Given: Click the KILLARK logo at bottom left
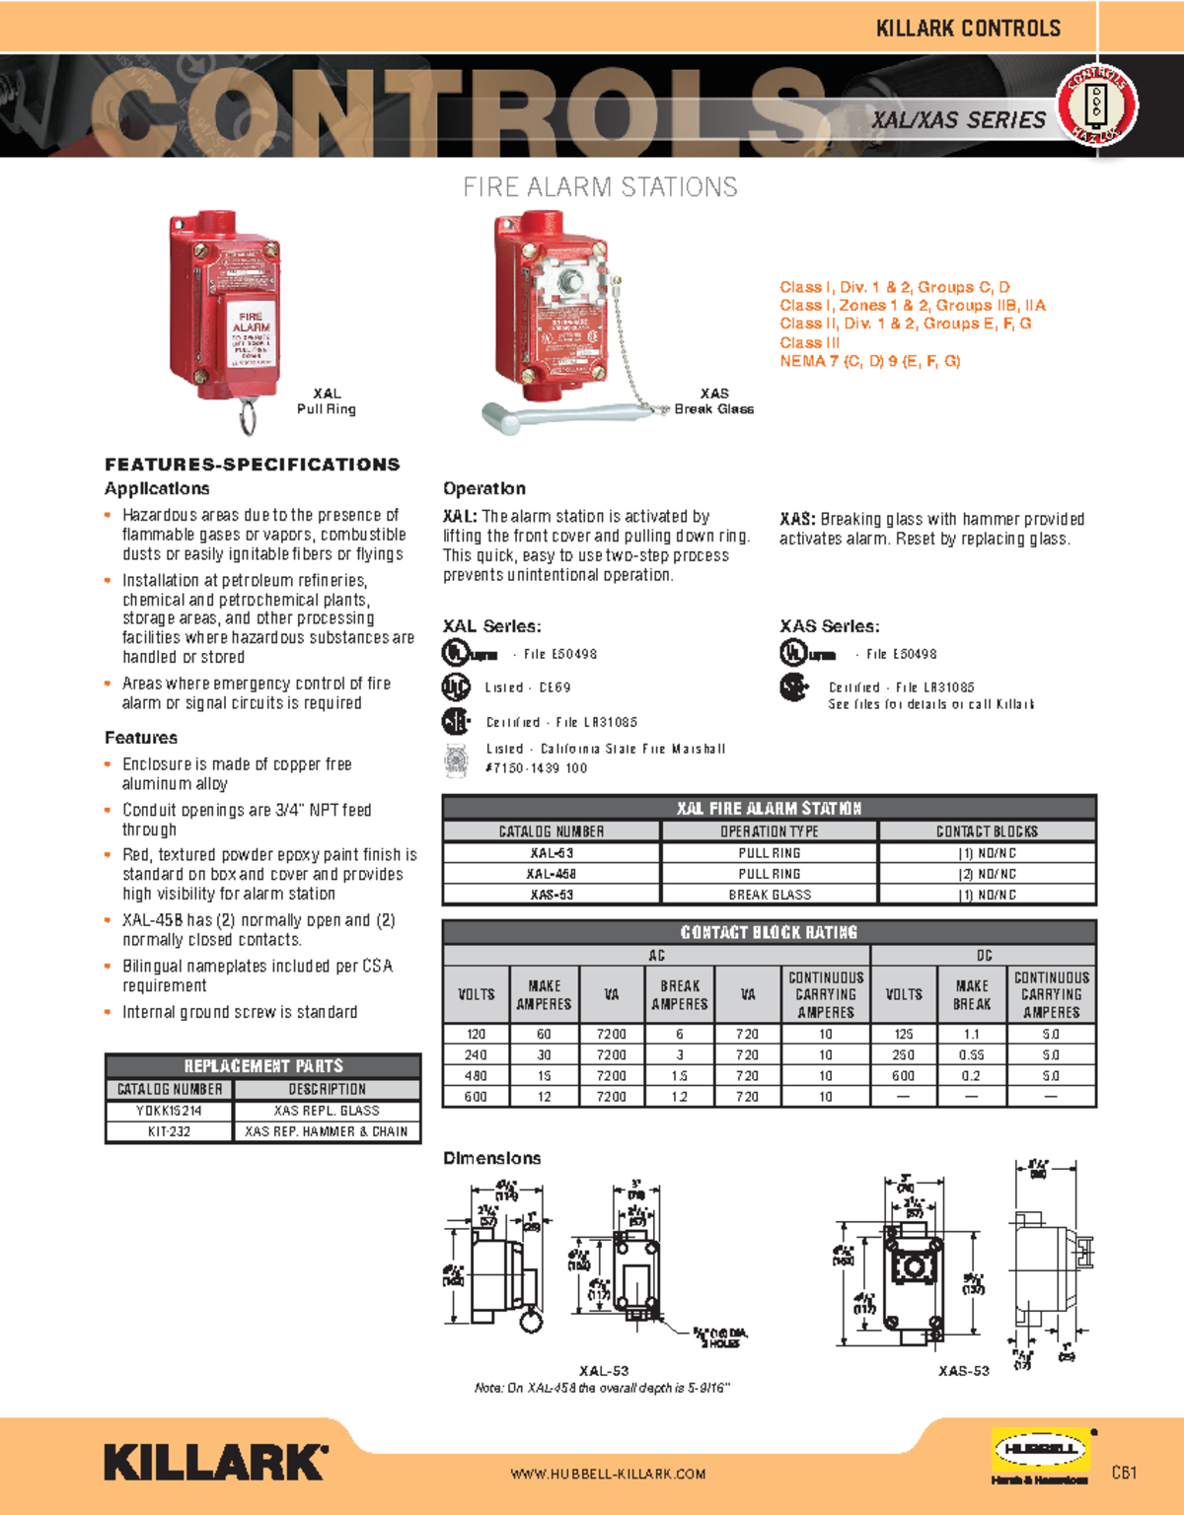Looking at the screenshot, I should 215,1462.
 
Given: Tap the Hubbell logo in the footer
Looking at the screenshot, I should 1040,1450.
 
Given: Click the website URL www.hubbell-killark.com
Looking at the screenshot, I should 608,1474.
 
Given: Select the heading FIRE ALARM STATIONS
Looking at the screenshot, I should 600,187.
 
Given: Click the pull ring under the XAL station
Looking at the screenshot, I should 248,415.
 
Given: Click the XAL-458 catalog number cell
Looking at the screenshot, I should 552,874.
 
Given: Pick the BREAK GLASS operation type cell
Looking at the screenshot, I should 770,895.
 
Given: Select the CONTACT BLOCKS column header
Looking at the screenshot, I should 987,831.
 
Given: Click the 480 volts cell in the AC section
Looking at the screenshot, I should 476,1076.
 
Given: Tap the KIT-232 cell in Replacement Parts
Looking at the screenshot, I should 169,1131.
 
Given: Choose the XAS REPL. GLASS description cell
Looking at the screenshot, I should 327,1111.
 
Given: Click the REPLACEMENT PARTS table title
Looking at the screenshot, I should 263,1066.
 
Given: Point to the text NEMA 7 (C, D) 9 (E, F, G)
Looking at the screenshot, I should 869,361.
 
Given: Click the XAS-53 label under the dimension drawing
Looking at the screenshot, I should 963,1371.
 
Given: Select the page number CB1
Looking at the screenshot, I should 1124,1473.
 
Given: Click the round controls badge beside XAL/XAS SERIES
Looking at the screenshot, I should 1096,106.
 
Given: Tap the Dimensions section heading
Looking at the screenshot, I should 491,1158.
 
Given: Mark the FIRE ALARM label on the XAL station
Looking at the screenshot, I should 251,322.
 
